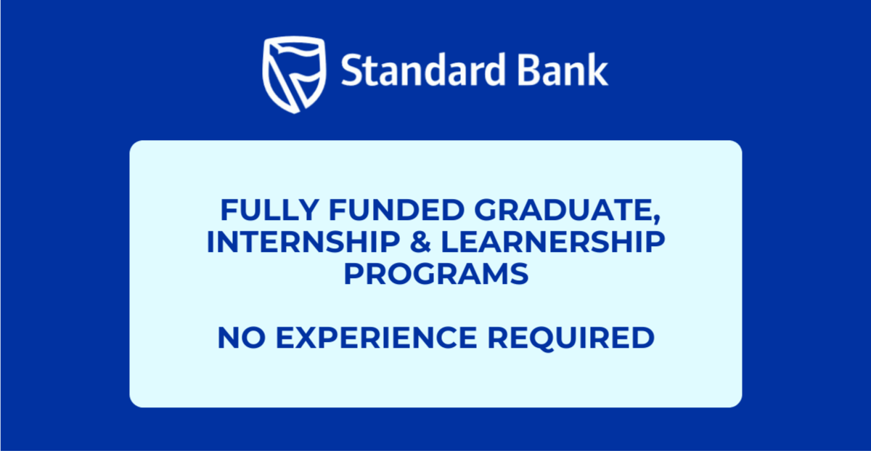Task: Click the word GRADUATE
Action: click(x=563, y=211)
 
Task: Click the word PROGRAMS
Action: click(x=435, y=274)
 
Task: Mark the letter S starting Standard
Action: click(x=350, y=71)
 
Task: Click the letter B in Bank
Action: click(x=536, y=71)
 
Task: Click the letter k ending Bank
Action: click(x=600, y=71)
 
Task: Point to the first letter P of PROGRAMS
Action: click(x=353, y=274)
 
